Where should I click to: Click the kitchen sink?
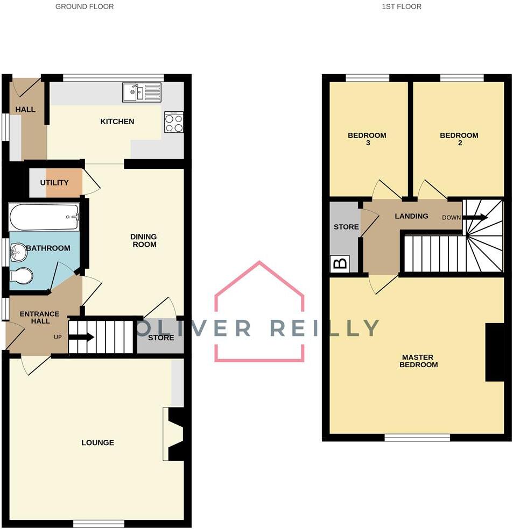click(x=142, y=92)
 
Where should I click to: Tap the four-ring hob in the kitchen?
click(x=174, y=122)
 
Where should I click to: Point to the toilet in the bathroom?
click(x=21, y=276)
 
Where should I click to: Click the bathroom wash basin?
click(x=18, y=249)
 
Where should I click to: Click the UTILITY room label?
click(x=54, y=183)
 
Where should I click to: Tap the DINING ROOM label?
click(x=143, y=240)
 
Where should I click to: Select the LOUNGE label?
click(x=97, y=442)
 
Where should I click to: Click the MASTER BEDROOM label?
click(x=418, y=361)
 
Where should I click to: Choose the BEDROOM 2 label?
click(x=459, y=139)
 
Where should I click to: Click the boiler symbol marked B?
click(x=340, y=264)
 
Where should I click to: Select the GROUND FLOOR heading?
click(x=85, y=7)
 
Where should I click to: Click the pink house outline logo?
click(x=259, y=312)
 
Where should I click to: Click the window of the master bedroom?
click(x=417, y=438)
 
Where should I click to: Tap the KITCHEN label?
click(x=117, y=121)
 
